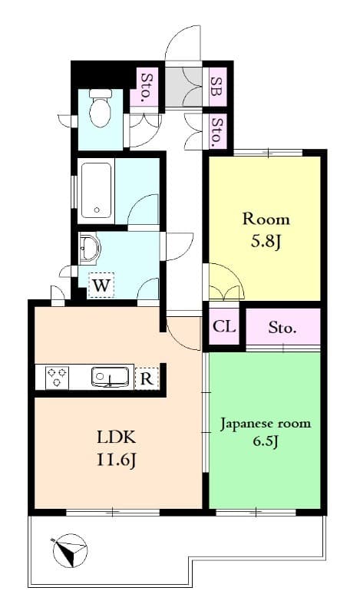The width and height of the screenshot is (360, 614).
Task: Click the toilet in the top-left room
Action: point(101,109)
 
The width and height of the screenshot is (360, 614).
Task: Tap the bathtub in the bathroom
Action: point(96,190)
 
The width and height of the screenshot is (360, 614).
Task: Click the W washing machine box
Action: point(101,286)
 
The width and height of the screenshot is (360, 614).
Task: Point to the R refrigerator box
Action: point(147,378)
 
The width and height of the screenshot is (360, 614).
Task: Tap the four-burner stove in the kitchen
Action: point(57,378)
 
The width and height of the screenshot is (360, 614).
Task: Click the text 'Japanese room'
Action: point(265,424)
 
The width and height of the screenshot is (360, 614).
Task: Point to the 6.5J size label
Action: point(266,444)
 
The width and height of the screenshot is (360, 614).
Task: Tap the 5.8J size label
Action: point(266,243)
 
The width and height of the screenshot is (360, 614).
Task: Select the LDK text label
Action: point(116,438)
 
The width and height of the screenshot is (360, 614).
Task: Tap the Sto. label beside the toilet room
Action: point(146,87)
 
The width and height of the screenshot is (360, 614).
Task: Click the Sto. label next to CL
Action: point(282,328)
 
